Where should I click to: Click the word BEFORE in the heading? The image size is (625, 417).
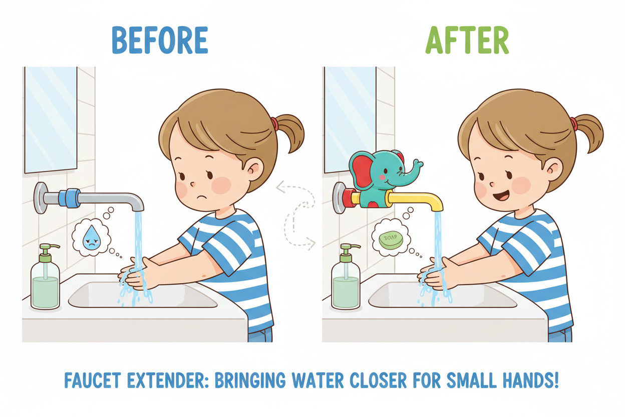point(159,40)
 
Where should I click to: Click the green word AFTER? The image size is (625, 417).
point(467,40)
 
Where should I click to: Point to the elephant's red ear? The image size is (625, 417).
point(364,170)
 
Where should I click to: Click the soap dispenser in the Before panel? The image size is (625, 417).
point(45,278)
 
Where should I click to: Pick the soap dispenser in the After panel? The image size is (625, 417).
point(346,278)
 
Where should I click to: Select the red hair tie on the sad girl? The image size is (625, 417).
point(274,123)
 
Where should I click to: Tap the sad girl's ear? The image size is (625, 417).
point(254,169)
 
